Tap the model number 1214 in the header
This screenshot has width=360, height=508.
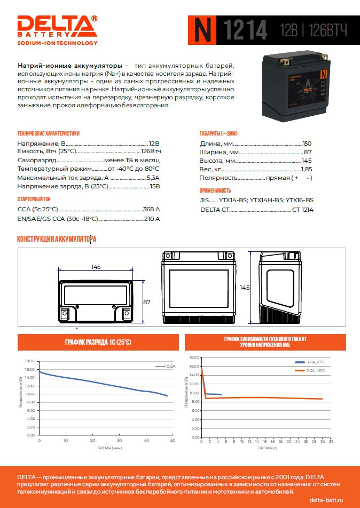pyautogui.click(x=244, y=30)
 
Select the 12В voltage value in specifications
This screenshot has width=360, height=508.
pyautogui.click(x=154, y=144)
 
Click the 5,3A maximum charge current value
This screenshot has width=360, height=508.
pyautogui.click(x=153, y=178)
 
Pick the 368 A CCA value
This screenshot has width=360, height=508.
pyautogui.click(x=151, y=209)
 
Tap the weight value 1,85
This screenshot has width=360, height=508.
pyautogui.click(x=306, y=169)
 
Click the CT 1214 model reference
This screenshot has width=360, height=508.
pyautogui.click(x=302, y=210)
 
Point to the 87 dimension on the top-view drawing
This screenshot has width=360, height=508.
pyautogui.click(x=147, y=302)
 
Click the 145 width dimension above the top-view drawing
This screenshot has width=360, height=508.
pyautogui.click(x=96, y=266)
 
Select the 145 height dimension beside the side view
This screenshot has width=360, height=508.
pyautogui.click(x=245, y=287)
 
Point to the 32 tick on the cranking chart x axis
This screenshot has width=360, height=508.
pyautogui.click(x=331, y=442)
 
